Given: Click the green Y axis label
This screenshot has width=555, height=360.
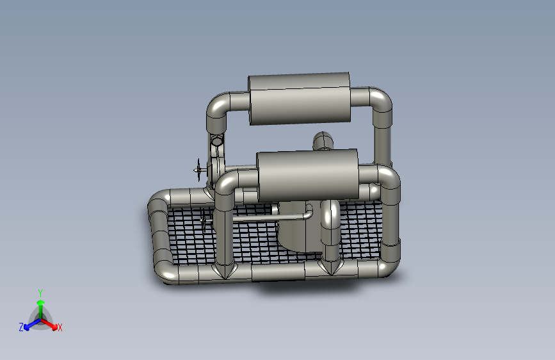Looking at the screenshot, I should click(x=40, y=291).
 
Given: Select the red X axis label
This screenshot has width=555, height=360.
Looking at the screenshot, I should click(x=60, y=327).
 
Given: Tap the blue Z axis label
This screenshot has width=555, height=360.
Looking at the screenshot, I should click(x=21, y=327).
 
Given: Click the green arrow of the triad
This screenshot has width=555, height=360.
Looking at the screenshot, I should click(x=40, y=304).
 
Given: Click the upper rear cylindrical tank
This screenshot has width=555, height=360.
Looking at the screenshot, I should click(x=299, y=99).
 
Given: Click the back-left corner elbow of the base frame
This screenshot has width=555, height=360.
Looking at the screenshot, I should click(x=158, y=202).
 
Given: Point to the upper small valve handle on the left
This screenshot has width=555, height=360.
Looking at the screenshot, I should click(x=200, y=170).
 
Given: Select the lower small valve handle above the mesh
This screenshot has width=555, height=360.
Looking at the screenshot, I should click(x=204, y=219).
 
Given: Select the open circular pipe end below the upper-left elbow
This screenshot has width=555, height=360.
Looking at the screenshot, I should click(x=216, y=141).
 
